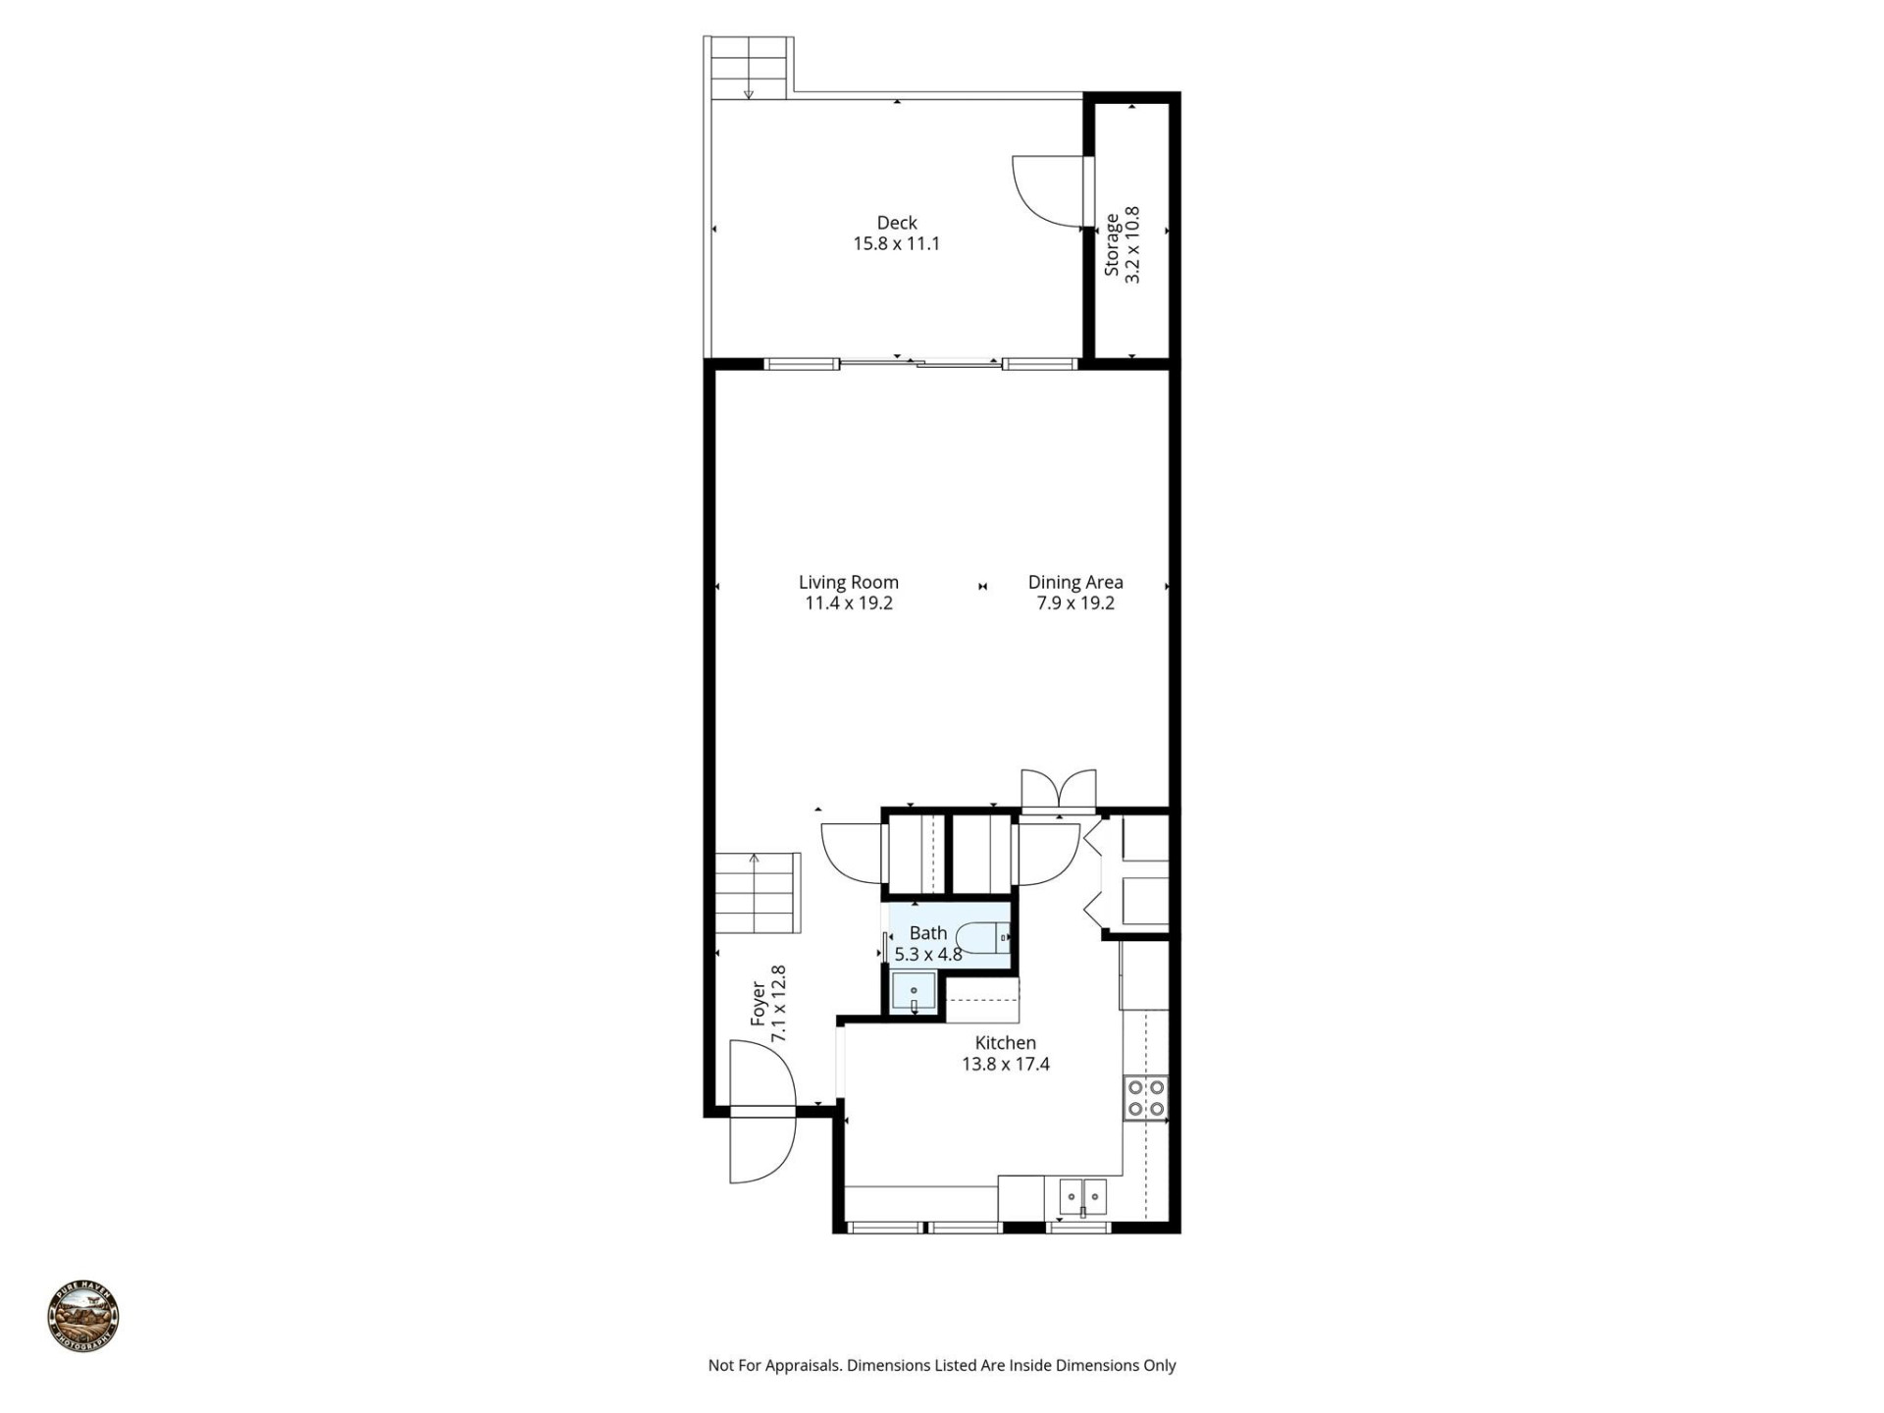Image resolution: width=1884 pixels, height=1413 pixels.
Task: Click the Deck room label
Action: [x=896, y=223]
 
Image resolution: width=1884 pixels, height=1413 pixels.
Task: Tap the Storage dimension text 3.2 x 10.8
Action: [x=1133, y=244]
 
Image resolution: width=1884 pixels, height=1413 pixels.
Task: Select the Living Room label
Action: [x=848, y=582]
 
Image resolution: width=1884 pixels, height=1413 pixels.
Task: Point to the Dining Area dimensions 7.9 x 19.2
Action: [x=1075, y=603]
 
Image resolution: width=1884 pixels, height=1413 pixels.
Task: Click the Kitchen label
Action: [x=1005, y=1043]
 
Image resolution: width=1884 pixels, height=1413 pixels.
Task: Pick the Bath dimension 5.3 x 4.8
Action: [x=927, y=954]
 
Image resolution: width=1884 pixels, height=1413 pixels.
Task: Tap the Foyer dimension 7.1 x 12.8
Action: [x=779, y=1004]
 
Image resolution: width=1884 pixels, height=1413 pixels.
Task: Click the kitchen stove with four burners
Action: [x=1145, y=1098]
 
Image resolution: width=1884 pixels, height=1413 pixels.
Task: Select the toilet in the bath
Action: [x=983, y=938]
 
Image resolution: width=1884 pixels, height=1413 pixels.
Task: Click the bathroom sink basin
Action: [x=914, y=993]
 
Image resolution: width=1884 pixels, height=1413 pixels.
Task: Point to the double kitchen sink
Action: [x=1082, y=1197]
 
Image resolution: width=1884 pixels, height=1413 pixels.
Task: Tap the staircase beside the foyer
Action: [x=758, y=893]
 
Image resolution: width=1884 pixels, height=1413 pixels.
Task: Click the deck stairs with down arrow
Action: [x=750, y=68]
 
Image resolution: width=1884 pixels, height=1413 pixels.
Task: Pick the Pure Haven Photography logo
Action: [x=83, y=1317]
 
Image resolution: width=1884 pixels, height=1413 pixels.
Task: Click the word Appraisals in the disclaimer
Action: [x=802, y=1365]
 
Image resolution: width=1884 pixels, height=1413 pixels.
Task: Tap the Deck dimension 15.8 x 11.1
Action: [x=896, y=244]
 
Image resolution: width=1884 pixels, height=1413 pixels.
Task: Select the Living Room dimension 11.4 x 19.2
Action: [x=848, y=603]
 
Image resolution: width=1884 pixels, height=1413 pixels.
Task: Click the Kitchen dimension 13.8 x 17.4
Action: [x=1005, y=1065]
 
